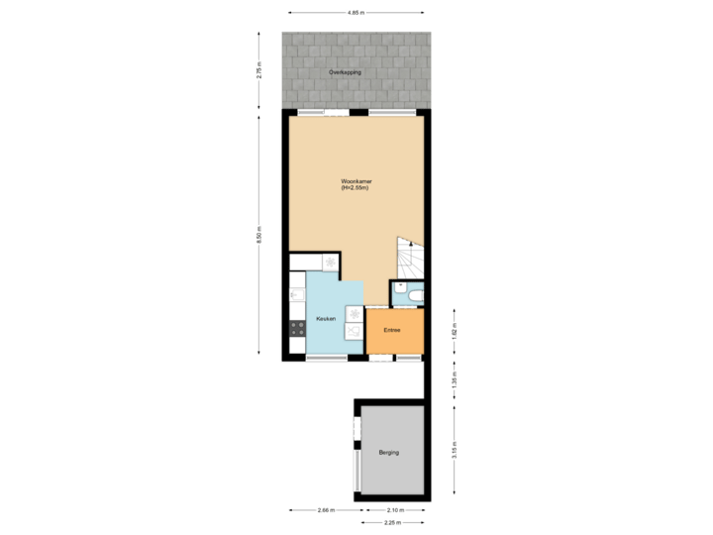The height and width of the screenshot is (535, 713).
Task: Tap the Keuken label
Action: point(325,319)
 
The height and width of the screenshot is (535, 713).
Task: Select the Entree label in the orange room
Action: point(393,330)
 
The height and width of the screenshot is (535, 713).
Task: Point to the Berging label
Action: point(389,453)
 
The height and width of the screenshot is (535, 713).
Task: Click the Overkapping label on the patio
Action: point(346,73)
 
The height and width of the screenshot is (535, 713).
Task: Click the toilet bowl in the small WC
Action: point(414,294)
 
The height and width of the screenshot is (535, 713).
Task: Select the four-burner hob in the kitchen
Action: point(295,329)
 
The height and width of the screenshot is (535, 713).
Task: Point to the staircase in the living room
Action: point(409,259)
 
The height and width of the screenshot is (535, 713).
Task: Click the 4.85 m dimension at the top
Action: point(356,12)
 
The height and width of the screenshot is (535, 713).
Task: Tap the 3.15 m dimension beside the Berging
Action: point(454,451)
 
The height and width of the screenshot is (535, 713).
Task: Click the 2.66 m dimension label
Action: point(324,510)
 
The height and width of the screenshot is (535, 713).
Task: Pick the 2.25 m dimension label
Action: point(392,521)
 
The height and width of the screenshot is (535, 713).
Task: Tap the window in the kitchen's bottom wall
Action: point(325,357)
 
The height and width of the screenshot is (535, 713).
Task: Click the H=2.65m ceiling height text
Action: point(356,189)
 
